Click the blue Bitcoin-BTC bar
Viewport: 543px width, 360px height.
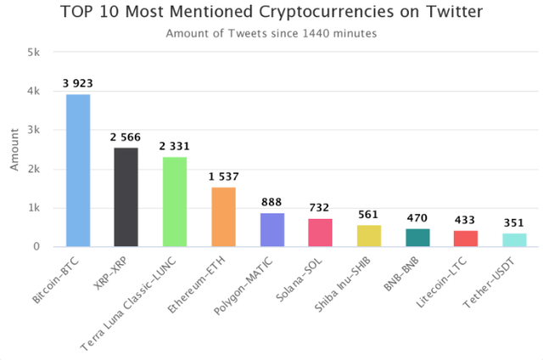78,170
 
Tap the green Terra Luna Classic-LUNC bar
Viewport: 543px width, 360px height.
175,201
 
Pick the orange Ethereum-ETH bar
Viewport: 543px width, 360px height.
223,217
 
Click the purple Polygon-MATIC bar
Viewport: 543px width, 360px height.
271,229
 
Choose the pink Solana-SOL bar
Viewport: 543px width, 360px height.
320,233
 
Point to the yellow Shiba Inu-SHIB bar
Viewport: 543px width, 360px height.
369,235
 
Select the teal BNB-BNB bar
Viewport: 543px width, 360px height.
417,238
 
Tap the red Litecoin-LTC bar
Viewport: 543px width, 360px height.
466,239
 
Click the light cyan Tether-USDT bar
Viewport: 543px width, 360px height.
514,239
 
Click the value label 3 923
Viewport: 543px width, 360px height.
78,84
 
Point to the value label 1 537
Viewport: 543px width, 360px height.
223,177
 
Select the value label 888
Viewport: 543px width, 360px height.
271,202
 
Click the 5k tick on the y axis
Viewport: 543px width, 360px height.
34,52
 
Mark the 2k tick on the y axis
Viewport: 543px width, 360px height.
34,169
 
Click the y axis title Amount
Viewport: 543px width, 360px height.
14,149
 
